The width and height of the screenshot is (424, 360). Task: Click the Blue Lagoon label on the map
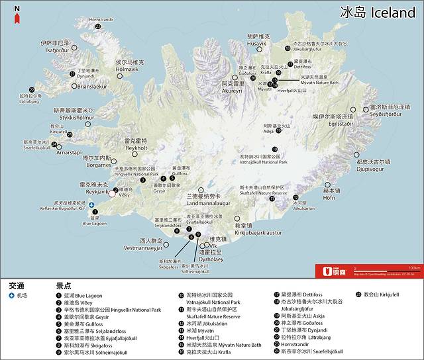coord(94,223)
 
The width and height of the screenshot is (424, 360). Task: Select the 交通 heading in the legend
coord(17,285)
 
